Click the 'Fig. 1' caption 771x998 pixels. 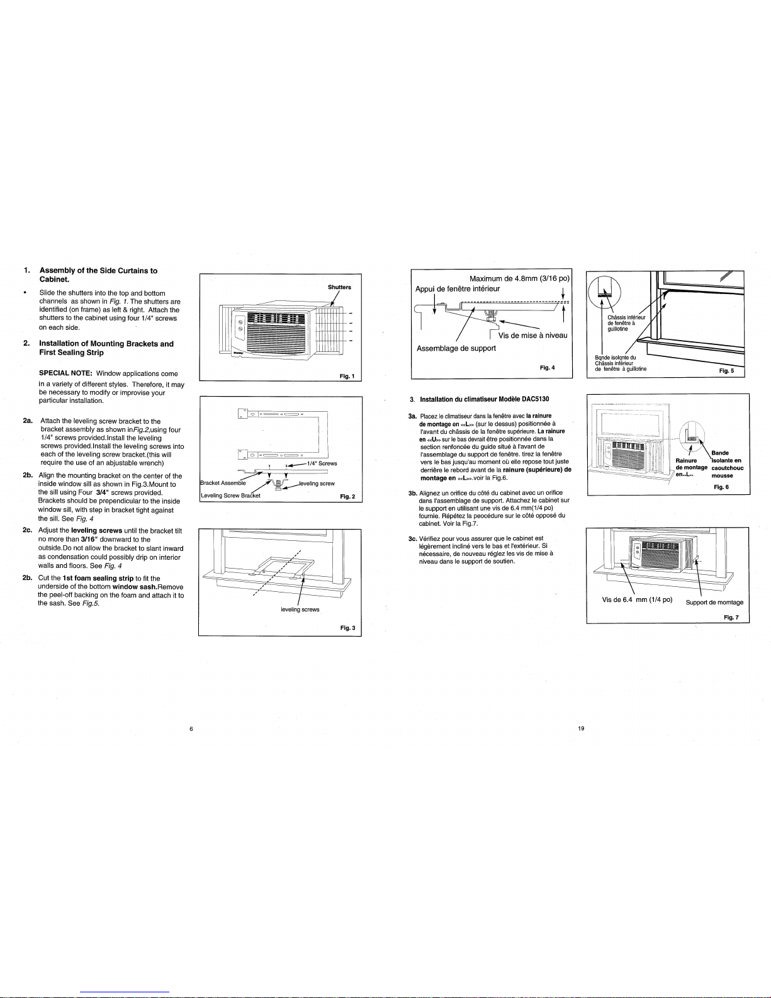pyautogui.click(x=347, y=376)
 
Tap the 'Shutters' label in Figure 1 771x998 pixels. pyautogui.click(x=339, y=287)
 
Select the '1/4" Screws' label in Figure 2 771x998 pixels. pyautogui.click(x=322, y=463)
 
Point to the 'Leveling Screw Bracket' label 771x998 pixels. pyautogui.click(x=230, y=496)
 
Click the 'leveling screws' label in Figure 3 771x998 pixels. pyautogui.click(x=300, y=610)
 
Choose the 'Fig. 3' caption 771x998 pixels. pyautogui.click(x=347, y=628)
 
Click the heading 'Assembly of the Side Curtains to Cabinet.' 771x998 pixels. pyautogui.click(x=98, y=275)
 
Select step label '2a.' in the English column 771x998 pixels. pyautogui.click(x=28, y=421)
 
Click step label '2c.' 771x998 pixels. pyautogui.click(x=28, y=530)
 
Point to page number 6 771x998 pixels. pyautogui.click(x=191, y=729)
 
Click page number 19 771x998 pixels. pyautogui.click(x=581, y=729)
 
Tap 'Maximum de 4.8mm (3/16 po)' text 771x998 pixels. pyautogui.click(x=519, y=278)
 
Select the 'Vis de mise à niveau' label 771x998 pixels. pyautogui.click(x=533, y=335)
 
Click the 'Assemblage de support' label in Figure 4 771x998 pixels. pyautogui.click(x=456, y=348)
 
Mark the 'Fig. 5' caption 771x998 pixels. pyautogui.click(x=726, y=371)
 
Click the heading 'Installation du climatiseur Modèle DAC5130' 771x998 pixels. pyautogui.click(x=484, y=399)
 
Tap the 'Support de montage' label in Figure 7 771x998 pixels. pyautogui.click(x=714, y=602)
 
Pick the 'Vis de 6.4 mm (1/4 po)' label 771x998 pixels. pyautogui.click(x=637, y=599)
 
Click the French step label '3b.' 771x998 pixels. pyautogui.click(x=413, y=493)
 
